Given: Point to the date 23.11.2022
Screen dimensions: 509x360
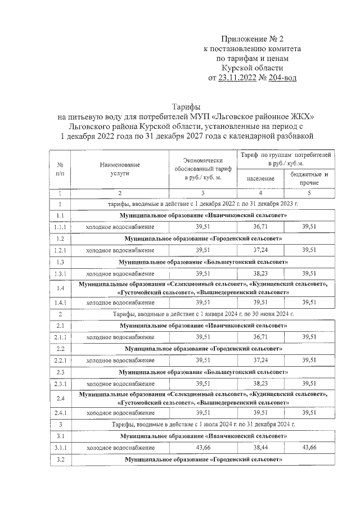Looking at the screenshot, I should pyautogui.click(x=236, y=78).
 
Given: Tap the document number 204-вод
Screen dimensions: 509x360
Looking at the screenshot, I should pyautogui.click(x=275, y=78).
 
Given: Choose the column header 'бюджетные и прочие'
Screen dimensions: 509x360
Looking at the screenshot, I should pyautogui.click(x=309, y=178).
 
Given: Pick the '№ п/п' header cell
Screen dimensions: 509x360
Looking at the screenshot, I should pyautogui.click(x=60, y=169).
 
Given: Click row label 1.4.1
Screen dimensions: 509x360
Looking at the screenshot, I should pyautogui.click(x=60, y=303).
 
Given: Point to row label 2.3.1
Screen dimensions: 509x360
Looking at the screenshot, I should pyautogui.click(x=60, y=384).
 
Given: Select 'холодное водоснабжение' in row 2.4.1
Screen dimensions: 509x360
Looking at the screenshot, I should pyautogui.click(x=120, y=412).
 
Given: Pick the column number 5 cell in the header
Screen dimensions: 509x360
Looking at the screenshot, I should pyautogui.click(x=309, y=193).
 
